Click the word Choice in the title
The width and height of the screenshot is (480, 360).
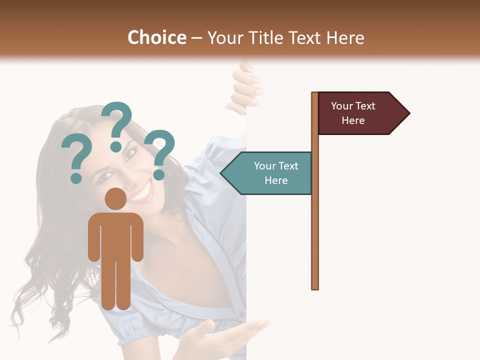pyautogui.click(x=156, y=38)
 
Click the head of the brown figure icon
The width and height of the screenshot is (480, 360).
pyautogui.click(x=115, y=199)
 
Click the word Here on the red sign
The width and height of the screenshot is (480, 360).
pyautogui.click(x=353, y=120)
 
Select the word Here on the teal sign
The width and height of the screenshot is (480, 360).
pyautogui.click(x=276, y=180)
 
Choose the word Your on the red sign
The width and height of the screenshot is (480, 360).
pyautogui.click(x=342, y=106)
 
